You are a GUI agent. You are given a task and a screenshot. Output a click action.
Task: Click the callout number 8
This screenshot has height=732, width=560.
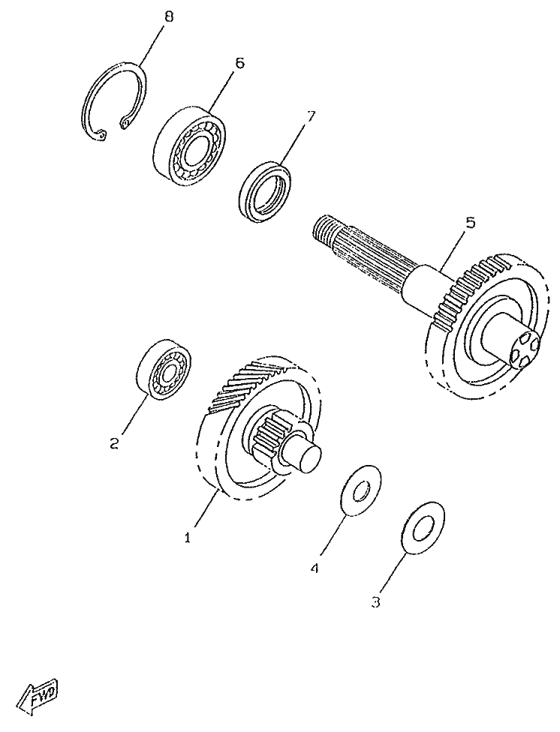pos(168,17)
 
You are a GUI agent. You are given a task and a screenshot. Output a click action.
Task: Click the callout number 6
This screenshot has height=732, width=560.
pos(239,63)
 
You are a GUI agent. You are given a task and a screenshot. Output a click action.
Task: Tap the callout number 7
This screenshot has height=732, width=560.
pos(311,117)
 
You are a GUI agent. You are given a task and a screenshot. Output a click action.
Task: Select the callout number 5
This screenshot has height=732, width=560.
pos(470,223)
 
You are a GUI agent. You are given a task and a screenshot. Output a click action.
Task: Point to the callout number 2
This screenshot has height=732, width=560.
pos(114,443)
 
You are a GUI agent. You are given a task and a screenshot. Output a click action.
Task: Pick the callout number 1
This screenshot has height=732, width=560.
pos(188,537)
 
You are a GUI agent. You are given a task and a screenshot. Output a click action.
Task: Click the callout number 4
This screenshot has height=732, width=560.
pos(315,568)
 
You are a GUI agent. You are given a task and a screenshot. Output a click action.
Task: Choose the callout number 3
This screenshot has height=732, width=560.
pos(377,601)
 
